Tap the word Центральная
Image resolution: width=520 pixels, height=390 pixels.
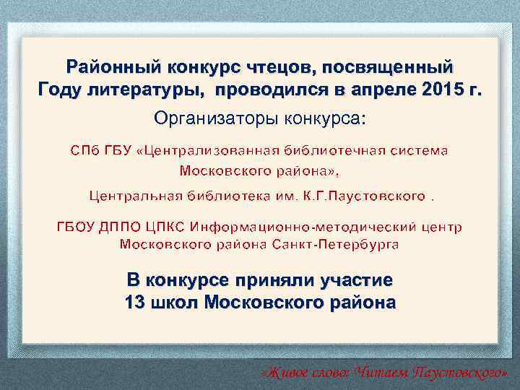(x=134, y=196)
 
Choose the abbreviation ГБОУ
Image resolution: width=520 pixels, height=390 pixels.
(x=75, y=227)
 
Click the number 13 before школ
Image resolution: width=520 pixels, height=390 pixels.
(x=134, y=302)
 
